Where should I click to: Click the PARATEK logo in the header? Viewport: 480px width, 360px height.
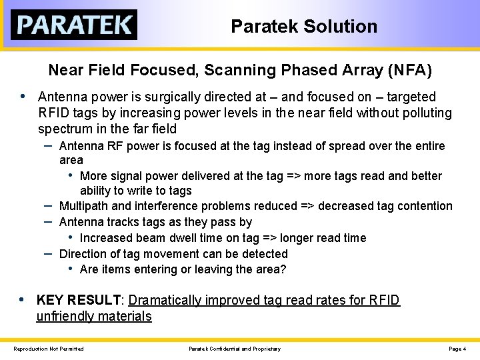[x=73, y=25]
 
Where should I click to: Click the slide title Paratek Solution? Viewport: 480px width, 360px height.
[x=304, y=27]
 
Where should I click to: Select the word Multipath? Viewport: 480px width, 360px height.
[x=84, y=206]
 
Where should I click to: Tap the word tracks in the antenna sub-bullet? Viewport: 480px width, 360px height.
[x=118, y=222]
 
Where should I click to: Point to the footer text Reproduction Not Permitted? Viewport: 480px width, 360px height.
[x=49, y=349]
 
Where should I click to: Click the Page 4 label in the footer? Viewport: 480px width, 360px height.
[x=457, y=349]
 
